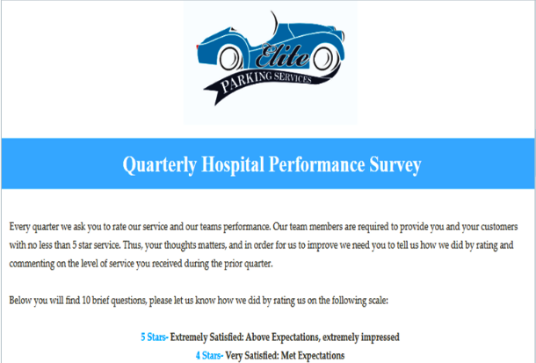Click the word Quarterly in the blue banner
pyautogui.click(x=160, y=165)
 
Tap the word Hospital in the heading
pyautogui.click(x=233, y=164)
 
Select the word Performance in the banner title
pyautogui.click(x=316, y=164)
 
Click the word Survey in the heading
pyautogui.click(x=395, y=165)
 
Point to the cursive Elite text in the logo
pyautogui.click(x=282, y=55)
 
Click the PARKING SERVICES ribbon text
pyautogui.click(x=265, y=81)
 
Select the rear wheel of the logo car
pyautogui.click(x=230, y=59)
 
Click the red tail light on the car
pyautogui.click(x=197, y=47)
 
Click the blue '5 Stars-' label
pyautogui.click(x=155, y=338)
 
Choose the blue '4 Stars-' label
pyautogui.click(x=209, y=355)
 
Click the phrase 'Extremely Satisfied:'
pyautogui.click(x=206, y=338)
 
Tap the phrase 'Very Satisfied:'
pyautogui.click(x=252, y=355)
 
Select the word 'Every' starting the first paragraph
pyautogui.click(x=20, y=227)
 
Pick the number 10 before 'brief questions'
pyautogui.click(x=86, y=301)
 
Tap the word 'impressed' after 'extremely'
pyautogui.click(x=380, y=338)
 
